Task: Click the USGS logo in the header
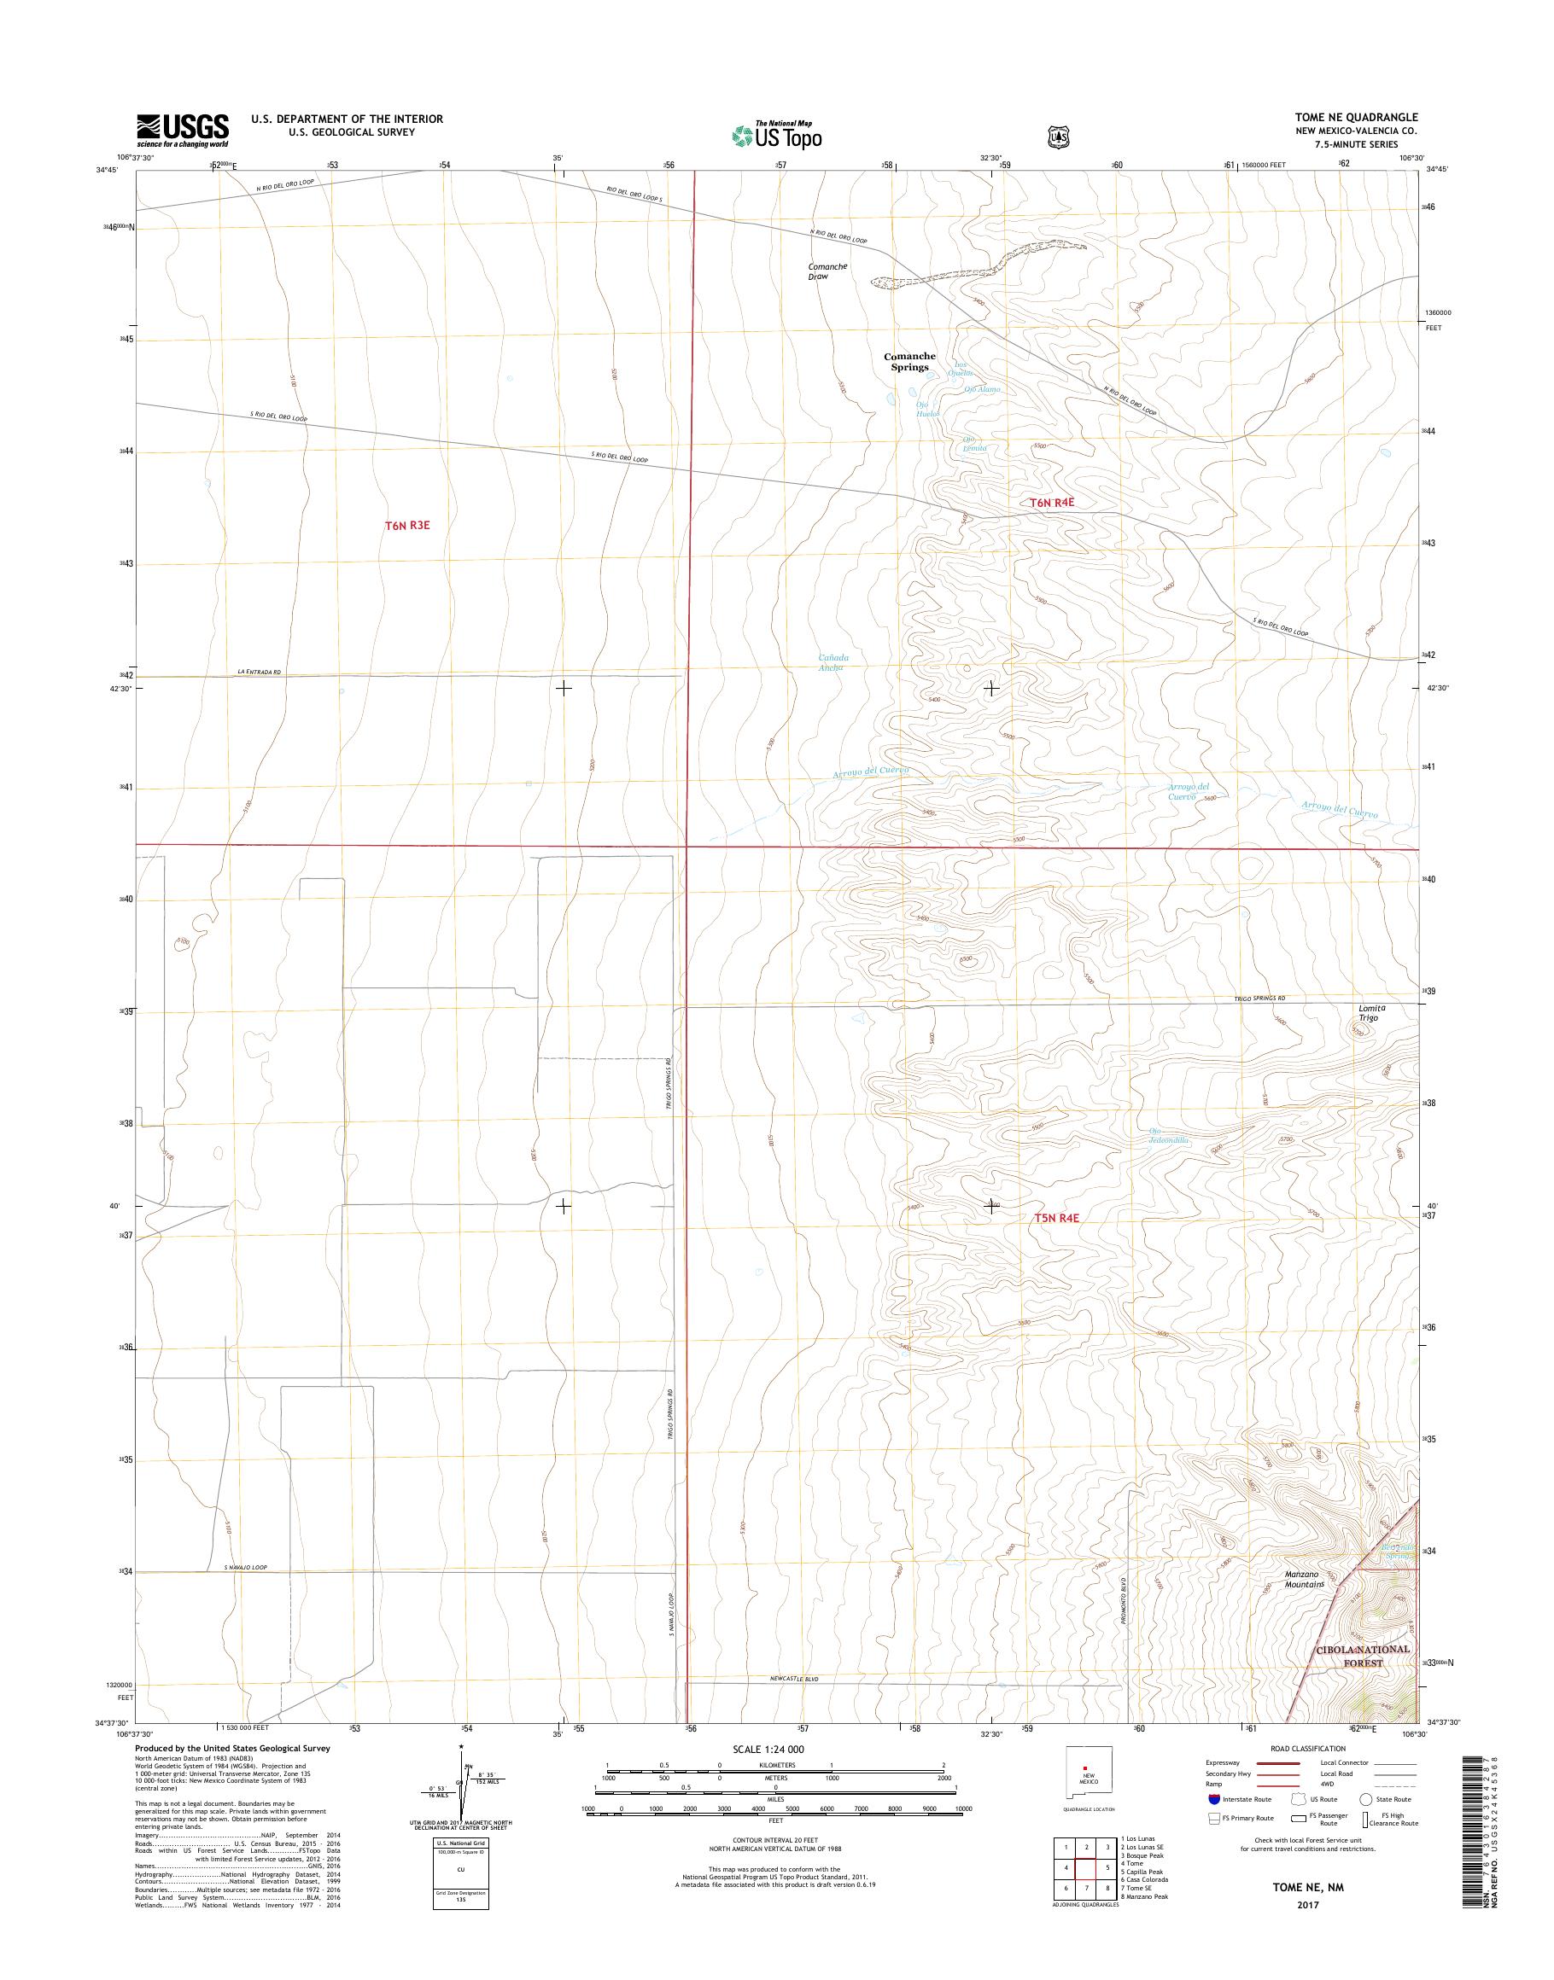pyautogui.click(x=182, y=130)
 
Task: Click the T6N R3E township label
pyautogui.click(x=406, y=525)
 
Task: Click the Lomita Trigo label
pyautogui.click(x=1370, y=1013)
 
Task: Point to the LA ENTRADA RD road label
pyautogui.click(x=260, y=673)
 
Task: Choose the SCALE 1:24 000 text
pyautogui.click(x=768, y=1749)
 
